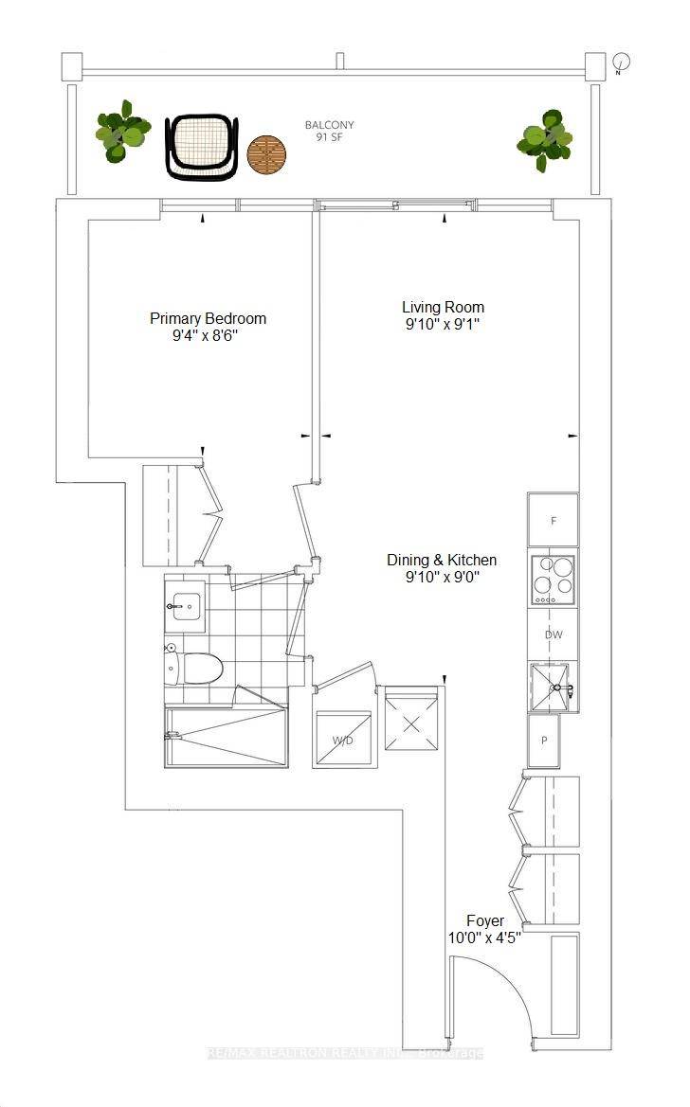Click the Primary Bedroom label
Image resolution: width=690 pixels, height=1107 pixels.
(x=208, y=327)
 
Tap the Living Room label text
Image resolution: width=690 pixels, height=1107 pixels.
(x=443, y=315)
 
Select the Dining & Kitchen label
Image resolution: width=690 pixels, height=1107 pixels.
(x=441, y=568)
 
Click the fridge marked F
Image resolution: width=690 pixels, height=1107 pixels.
(x=554, y=520)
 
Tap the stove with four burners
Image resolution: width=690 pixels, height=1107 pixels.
(x=554, y=579)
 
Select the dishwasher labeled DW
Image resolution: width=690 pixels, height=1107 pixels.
(x=554, y=634)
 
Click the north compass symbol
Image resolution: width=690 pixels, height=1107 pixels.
(x=621, y=64)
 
